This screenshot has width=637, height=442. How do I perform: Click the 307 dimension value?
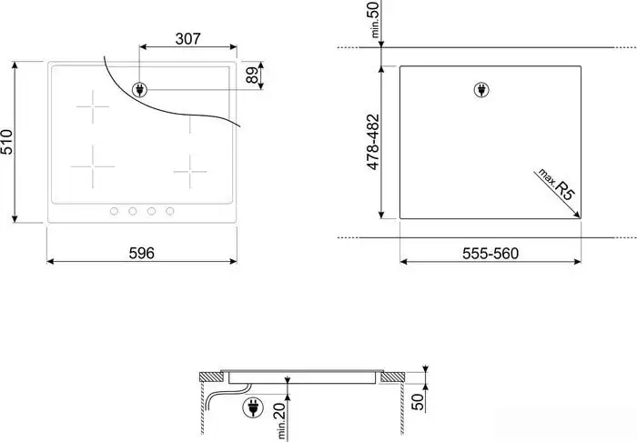[x=187, y=39]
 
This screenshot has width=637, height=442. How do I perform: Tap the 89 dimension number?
[x=252, y=75]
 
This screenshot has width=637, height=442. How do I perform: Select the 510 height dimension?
[x=7, y=142]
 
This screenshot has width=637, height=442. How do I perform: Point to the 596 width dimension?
[x=142, y=253]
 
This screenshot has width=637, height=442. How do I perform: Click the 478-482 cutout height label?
[x=373, y=142]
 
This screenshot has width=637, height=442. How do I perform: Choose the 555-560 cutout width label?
[x=490, y=254]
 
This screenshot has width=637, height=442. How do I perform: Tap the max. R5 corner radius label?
[x=557, y=185]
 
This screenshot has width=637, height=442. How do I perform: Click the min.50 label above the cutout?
[x=375, y=19]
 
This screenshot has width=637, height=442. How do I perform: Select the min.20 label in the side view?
[x=280, y=421]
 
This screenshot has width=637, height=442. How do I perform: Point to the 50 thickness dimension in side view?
[x=417, y=401]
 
